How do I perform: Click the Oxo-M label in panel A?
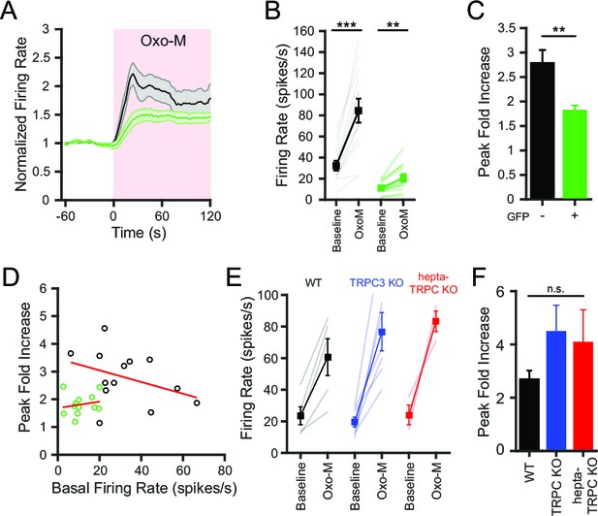pyautogui.click(x=163, y=41)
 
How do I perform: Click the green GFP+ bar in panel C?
pyautogui.click(x=575, y=154)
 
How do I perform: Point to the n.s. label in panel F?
pyautogui.click(x=556, y=289)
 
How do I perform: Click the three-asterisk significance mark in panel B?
pyautogui.click(x=347, y=26)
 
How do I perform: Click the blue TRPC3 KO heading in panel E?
pyautogui.click(x=376, y=285)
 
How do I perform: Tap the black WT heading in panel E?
pyautogui.click(x=313, y=283)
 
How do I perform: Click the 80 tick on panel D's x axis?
pyautogui.click(x=225, y=469)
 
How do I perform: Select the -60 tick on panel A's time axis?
pyautogui.click(x=65, y=216)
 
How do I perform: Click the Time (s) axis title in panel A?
pyautogui.click(x=139, y=233)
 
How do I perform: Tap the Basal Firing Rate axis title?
pyautogui.click(x=143, y=489)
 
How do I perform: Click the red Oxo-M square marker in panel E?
pyautogui.click(x=435, y=321)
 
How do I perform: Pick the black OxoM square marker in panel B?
pyautogui.click(x=359, y=111)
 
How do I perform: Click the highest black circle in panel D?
pyautogui.click(x=105, y=328)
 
